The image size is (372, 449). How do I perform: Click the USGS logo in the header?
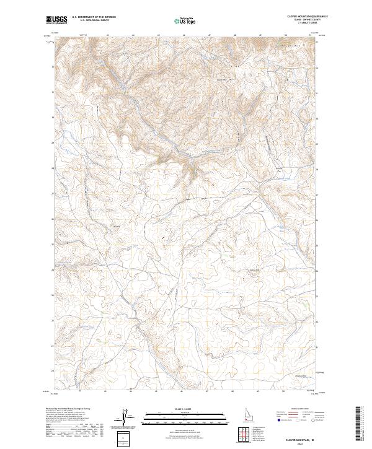pos(57,20)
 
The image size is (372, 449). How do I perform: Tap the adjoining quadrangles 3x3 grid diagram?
pos(246,434)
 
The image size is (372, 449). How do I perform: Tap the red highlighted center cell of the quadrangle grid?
pos(246,434)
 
